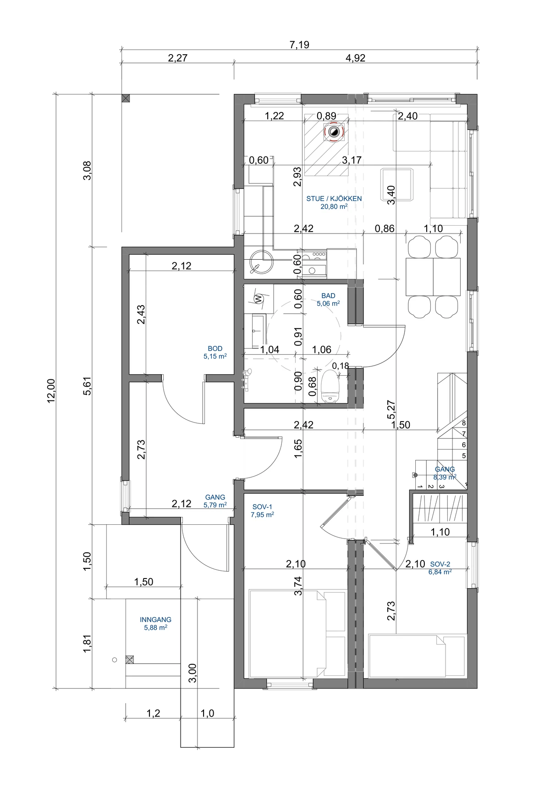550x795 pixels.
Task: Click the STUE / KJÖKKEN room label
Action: [x=334, y=199]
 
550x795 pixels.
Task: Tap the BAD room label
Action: [x=328, y=296]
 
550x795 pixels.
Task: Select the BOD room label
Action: [x=215, y=349]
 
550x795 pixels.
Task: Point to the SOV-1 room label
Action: [x=262, y=507]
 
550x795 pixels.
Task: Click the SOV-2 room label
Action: [x=440, y=564]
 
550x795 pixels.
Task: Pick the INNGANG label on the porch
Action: [x=156, y=620]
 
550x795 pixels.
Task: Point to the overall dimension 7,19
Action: [x=299, y=44]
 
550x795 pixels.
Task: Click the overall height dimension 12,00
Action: [x=51, y=391]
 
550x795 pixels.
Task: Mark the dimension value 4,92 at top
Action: [x=355, y=58]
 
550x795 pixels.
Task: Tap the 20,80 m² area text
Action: [x=334, y=207]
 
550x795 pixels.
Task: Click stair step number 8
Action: [x=464, y=423]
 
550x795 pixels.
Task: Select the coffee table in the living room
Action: [x=398, y=184]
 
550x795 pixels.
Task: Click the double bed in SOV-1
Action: [x=297, y=634]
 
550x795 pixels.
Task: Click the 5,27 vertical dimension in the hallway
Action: [x=391, y=410]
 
